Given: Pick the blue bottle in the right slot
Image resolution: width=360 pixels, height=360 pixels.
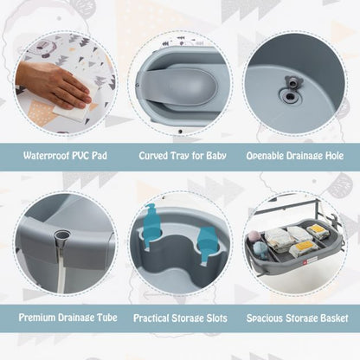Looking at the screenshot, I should point(209,243).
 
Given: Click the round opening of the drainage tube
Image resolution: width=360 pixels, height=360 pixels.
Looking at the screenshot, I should point(61,236).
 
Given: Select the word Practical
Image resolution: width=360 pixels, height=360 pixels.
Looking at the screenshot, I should point(155,318).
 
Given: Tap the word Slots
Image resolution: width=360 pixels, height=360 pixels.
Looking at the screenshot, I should point(214,318).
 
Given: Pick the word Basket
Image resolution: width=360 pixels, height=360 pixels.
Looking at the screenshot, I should point(331,318).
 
